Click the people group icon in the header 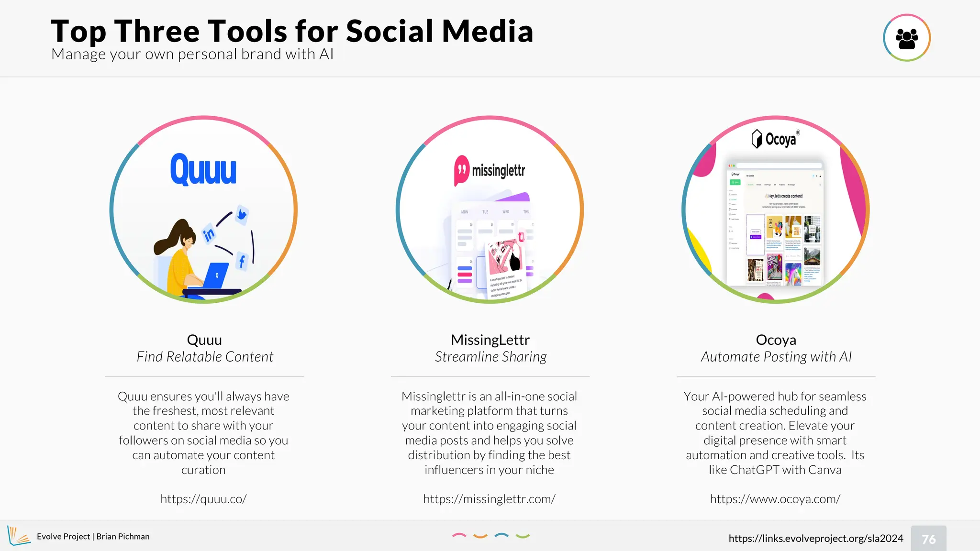click(x=906, y=38)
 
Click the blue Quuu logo click(x=203, y=169)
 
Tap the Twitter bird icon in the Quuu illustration click(x=242, y=214)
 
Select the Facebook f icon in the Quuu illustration click(x=242, y=261)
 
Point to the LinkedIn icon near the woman click(x=209, y=234)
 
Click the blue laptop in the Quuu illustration click(x=215, y=276)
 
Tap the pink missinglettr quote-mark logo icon click(x=461, y=170)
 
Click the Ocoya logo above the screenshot click(x=775, y=139)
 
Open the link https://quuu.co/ click(x=203, y=499)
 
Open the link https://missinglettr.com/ click(x=489, y=499)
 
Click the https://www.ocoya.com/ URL click(x=775, y=499)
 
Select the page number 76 click(x=928, y=539)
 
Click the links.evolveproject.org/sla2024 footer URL click(x=815, y=538)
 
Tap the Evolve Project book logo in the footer click(x=19, y=536)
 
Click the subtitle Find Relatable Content click(x=205, y=357)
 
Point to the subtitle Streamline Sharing click(x=490, y=357)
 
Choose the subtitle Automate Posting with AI click(x=776, y=357)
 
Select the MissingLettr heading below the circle click(x=490, y=340)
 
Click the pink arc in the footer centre click(x=459, y=536)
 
